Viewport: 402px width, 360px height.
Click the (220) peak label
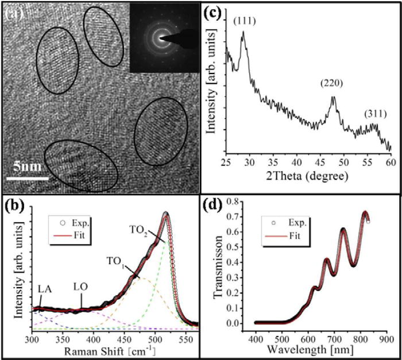point(332,84)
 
